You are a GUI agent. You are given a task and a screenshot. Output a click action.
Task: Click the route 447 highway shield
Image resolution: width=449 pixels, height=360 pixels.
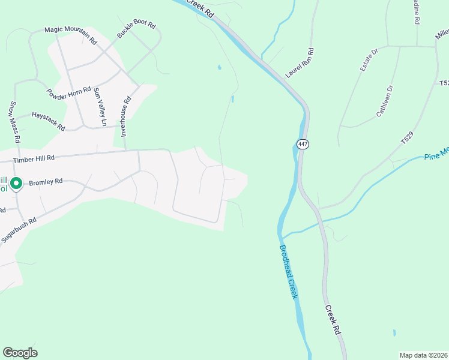click(x=302, y=144)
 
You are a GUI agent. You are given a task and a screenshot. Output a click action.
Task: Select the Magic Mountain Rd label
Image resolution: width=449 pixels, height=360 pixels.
click(x=70, y=35)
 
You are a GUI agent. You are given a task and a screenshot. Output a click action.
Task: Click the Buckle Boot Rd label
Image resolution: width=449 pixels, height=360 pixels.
click(x=136, y=31)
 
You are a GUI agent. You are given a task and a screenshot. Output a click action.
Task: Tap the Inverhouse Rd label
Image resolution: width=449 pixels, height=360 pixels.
click(x=126, y=116)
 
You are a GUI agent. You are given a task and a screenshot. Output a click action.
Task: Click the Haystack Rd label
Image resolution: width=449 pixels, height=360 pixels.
click(x=48, y=120)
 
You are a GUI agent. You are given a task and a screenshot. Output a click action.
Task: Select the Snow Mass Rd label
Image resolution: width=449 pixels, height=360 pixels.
click(x=15, y=122)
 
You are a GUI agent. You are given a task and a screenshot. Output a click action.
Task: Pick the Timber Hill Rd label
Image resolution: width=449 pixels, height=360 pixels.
click(x=34, y=158)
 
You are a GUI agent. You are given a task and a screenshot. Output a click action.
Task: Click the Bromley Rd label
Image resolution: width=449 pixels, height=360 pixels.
click(x=46, y=181)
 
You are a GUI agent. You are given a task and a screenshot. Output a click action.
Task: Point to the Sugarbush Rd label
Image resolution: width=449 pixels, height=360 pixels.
click(x=19, y=230)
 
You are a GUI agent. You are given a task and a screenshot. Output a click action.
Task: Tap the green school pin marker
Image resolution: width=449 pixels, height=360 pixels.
click(x=17, y=184)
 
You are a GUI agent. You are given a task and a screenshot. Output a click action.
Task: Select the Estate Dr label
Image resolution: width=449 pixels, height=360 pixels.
click(x=369, y=61)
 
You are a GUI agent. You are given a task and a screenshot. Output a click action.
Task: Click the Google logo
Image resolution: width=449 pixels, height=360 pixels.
click(x=20, y=353)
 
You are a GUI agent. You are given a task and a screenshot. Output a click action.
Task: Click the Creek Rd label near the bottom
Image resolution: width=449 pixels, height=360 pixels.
click(x=333, y=319)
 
